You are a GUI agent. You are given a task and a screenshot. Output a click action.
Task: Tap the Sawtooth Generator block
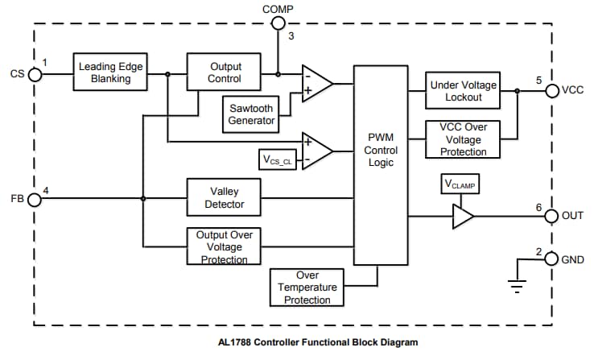(250, 114)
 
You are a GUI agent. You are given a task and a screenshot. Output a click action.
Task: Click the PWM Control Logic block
(381, 151)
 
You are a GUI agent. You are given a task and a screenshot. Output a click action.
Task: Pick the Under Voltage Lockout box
(463, 91)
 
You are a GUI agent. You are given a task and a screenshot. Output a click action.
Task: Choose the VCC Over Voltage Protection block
(463, 139)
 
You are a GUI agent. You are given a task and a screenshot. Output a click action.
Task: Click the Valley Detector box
(225, 198)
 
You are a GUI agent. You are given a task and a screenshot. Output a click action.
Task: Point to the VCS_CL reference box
(277, 159)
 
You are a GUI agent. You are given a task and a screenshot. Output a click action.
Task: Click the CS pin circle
(34, 74)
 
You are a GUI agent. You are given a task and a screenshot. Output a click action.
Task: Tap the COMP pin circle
(278, 23)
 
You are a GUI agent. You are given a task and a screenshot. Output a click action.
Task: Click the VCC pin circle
(551, 90)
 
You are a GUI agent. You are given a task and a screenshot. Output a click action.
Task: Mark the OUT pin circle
(551, 216)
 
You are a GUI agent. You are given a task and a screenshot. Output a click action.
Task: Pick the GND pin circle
(551, 259)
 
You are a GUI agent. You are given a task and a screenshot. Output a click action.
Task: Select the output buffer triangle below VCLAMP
(462, 216)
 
